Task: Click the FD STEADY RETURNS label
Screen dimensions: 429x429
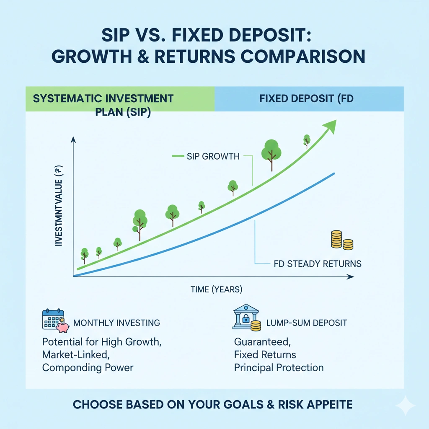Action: (x=317, y=264)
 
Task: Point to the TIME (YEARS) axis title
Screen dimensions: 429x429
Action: (x=216, y=289)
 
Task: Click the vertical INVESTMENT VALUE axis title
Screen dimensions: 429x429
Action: (x=59, y=205)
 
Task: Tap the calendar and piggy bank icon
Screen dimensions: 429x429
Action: (x=55, y=321)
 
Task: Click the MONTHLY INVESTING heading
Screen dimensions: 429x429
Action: (x=116, y=323)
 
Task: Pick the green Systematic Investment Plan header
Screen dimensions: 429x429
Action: (x=103, y=99)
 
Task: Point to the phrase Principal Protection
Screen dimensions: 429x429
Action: (x=279, y=368)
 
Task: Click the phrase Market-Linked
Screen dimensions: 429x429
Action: (x=76, y=354)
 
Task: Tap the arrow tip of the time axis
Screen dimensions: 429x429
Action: (x=352, y=277)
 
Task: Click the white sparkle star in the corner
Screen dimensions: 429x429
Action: (x=405, y=406)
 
